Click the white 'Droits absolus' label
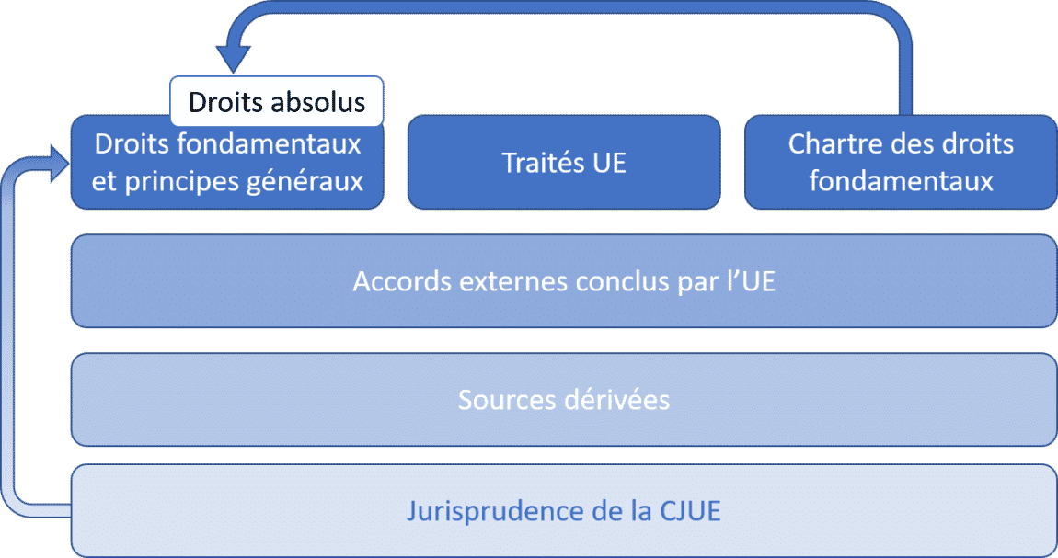(276, 102)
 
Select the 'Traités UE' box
(563, 162)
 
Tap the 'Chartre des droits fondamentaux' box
(901, 162)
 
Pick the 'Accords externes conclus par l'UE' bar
(563, 281)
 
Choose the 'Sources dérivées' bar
(563, 400)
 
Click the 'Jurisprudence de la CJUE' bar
(563, 510)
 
